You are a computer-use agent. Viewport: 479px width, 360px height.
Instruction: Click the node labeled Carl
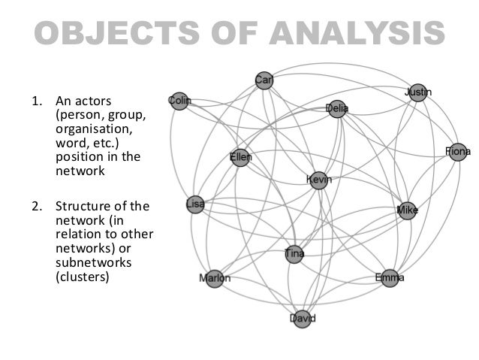click(x=264, y=80)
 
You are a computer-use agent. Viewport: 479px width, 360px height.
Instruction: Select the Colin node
click(x=179, y=101)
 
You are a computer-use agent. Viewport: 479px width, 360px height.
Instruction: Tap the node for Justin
click(x=417, y=93)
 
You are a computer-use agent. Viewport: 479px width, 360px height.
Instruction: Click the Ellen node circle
click(x=240, y=158)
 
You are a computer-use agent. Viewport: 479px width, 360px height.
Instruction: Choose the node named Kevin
click(x=319, y=180)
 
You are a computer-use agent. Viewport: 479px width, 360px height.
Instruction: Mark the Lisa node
click(x=195, y=204)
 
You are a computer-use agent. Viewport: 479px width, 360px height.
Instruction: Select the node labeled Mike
click(x=407, y=210)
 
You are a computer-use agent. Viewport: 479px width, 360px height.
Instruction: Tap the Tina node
click(x=295, y=255)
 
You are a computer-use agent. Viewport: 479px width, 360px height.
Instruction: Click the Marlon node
click(x=215, y=279)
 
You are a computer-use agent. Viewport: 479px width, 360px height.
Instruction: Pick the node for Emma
click(x=389, y=278)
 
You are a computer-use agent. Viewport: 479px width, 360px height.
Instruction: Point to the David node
click(x=303, y=319)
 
